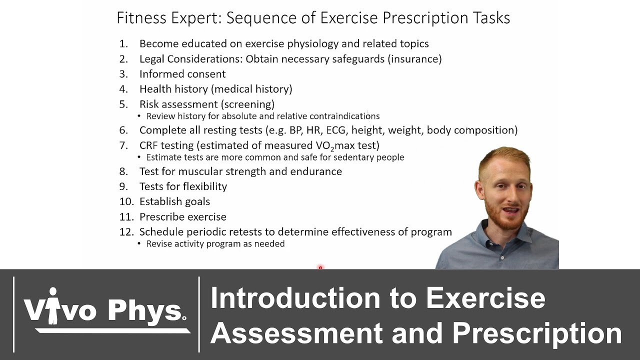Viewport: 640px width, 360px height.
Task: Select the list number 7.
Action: click(123, 145)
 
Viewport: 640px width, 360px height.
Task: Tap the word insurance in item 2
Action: click(414, 59)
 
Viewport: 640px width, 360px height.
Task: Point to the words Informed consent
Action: click(182, 74)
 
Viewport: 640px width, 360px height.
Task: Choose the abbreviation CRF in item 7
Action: click(149, 145)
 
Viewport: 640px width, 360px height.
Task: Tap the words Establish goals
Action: click(174, 201)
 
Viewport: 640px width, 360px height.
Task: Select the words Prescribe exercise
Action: click(182, 217)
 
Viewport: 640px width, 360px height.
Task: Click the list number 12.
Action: click(126, 232)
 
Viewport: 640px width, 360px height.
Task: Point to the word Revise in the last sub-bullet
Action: click(159, 244)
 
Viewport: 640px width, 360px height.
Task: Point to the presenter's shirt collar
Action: click(500, 235)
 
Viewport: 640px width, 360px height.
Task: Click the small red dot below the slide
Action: click(320, 268)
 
